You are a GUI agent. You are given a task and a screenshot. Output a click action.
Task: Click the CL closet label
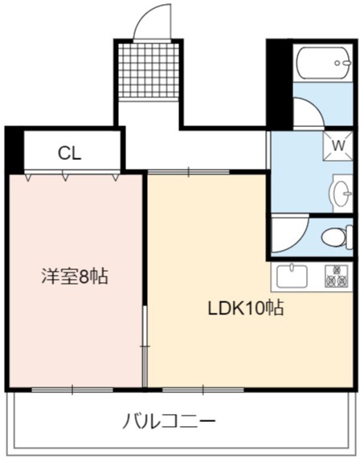(69, 153)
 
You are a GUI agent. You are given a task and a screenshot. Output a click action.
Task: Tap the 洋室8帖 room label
(75, 276)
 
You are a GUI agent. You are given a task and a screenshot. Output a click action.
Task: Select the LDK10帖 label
(245, 308)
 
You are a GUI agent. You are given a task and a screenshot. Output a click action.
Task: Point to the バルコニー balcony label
(169, 421)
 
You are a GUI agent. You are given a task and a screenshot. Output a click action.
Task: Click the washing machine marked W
(337, 145)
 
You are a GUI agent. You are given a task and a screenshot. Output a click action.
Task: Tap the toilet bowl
(337, 237)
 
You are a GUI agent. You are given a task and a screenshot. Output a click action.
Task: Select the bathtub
(323, 63)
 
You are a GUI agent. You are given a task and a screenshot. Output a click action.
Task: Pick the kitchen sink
(292, 277)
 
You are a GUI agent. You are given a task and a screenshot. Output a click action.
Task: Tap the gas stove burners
(336, 276)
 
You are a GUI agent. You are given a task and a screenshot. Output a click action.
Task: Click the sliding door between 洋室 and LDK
(145, 346)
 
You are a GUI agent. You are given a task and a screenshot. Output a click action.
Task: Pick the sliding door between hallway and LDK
(189, 172)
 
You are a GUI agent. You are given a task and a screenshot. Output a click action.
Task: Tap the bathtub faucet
(343, 63)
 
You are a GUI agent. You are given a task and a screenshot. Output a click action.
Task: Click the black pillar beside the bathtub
(280, 85)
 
